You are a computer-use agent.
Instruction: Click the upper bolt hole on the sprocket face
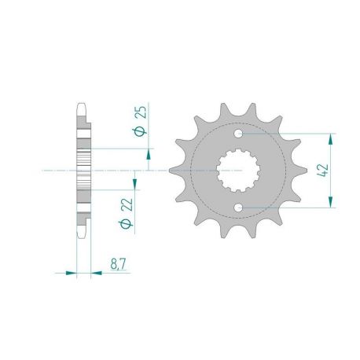243,134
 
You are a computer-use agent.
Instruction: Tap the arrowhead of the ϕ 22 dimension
134,183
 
